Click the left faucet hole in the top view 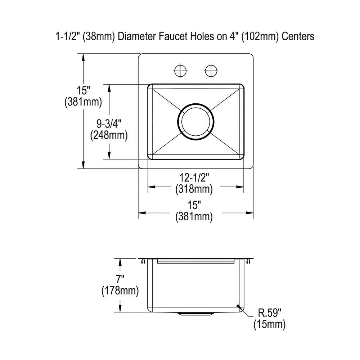[x=180, y=71]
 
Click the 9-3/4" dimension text [x=109, y=123]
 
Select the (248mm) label [x=109, y=135]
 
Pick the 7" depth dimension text [x=120, y=279]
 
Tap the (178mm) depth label [x=120, y=290]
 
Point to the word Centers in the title [x=298, y=36]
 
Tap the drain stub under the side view [x=195, y=314]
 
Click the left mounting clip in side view [x=143, y=262]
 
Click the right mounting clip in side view [x=248, y=262]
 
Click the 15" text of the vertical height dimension [x=83, y=91]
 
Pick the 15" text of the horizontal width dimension [x=194, y=205]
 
